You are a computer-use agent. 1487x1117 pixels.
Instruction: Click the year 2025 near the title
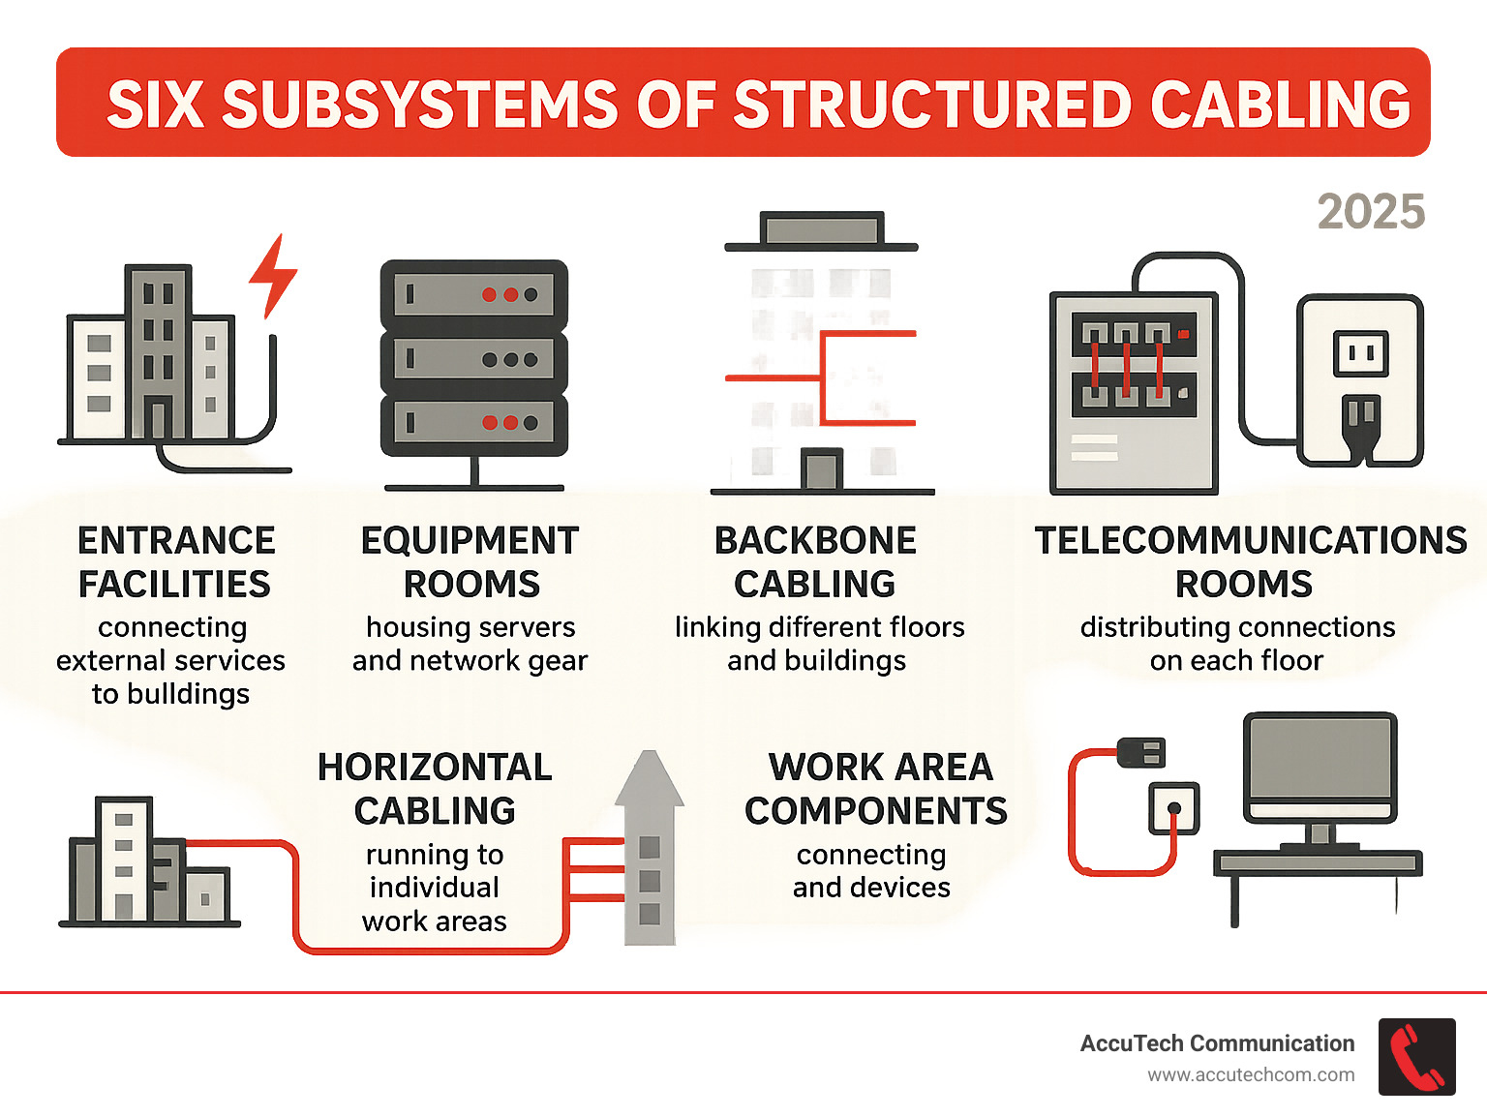point(1370,212)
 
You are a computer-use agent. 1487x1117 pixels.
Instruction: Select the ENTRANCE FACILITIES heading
point(175,562)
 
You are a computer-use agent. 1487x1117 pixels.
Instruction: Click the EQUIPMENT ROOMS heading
point(470,562)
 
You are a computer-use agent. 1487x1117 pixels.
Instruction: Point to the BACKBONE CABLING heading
point(815,562)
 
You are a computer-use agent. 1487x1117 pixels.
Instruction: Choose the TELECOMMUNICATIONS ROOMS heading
point(1249,562)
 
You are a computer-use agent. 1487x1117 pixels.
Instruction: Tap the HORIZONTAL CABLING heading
point(435,789)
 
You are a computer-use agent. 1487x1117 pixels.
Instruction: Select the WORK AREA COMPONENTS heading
point(876,789)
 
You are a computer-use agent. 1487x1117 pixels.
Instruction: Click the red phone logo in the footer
point(1416,1057)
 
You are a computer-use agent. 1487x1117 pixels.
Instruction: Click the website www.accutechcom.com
point(1251,1075)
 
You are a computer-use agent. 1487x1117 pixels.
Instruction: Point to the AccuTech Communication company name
point(1217,1043)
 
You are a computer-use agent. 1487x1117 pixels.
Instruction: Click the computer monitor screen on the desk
point(1320,759)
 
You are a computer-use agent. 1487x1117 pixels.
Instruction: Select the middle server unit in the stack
point(473,360)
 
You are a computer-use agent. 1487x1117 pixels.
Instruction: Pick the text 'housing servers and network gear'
point(470,644)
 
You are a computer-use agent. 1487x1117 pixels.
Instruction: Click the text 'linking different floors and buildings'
point(819,644)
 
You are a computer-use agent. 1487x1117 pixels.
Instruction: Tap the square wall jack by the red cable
point(1173,808)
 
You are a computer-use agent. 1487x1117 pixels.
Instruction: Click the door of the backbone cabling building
point(822,470)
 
